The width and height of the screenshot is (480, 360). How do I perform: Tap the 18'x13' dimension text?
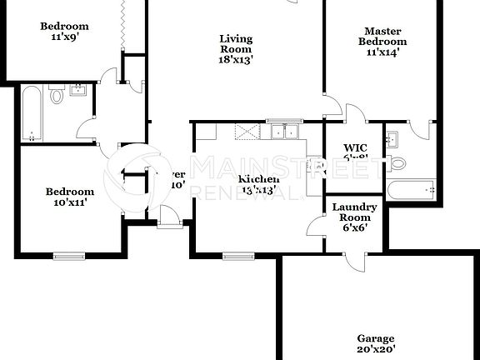236,59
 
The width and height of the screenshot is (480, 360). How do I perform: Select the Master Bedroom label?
382,37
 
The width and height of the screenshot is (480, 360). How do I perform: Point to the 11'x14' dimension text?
382,52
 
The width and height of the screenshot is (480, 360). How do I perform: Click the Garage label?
376,338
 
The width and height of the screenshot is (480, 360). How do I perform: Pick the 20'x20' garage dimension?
376,350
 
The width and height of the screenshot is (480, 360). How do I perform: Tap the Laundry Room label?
355,212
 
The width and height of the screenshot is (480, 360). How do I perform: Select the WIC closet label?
356,148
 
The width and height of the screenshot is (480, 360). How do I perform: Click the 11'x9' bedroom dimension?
65,37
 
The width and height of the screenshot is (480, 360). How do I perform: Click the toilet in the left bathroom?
57,96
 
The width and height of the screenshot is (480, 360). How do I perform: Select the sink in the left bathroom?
78,90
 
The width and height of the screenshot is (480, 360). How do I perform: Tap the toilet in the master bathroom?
397,163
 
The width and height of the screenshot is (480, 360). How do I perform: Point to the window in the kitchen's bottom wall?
237,254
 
